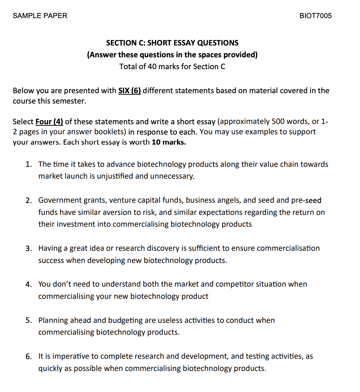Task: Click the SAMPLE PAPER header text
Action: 40,16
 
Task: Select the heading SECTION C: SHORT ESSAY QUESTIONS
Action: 172,43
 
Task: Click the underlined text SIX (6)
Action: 129,91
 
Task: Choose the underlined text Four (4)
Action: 49,122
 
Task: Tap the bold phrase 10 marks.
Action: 169,142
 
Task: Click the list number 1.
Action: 28,164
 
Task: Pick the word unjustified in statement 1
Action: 115,176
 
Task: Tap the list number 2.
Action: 28,200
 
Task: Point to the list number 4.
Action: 28,284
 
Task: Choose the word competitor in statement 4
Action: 234,284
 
